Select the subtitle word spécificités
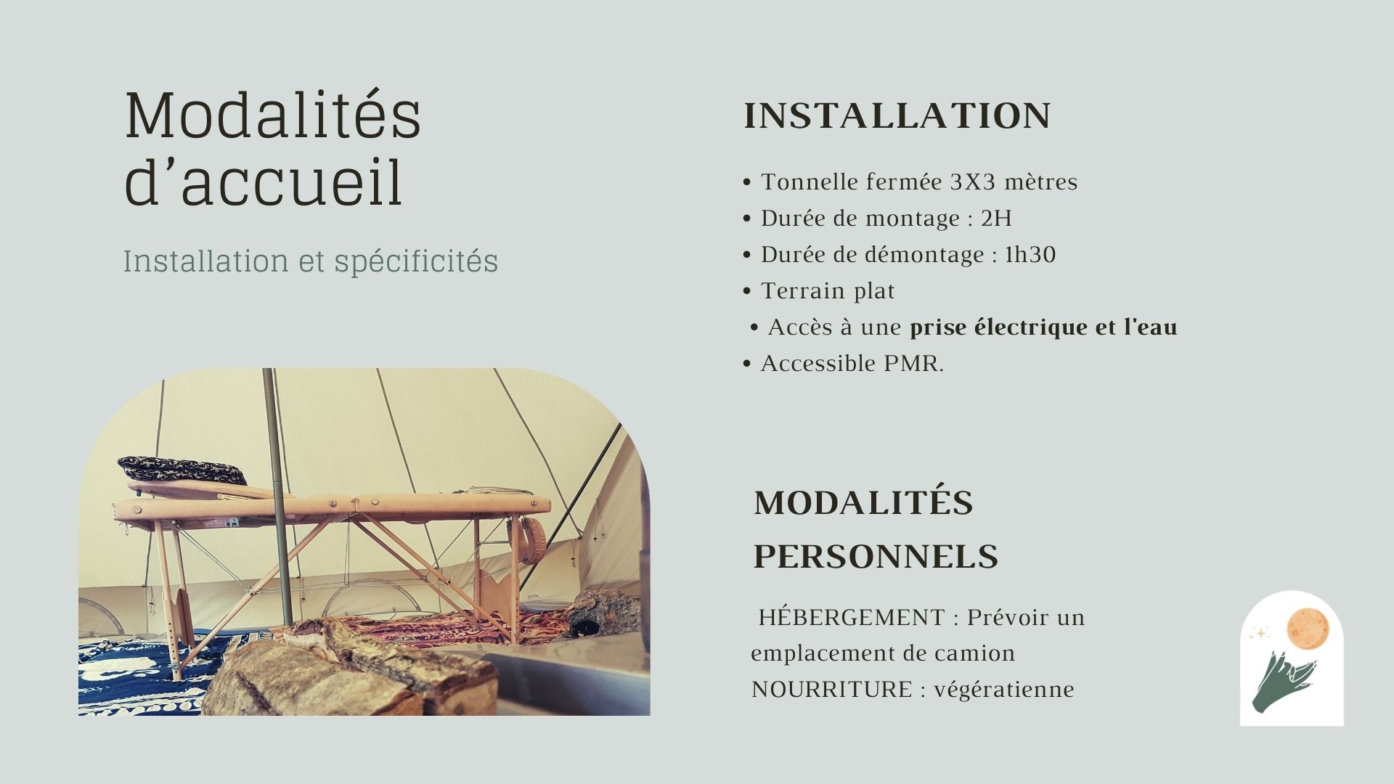click(x=416, y=262)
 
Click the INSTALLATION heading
click(x=897, y=116)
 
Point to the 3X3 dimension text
click(x=973, y=181)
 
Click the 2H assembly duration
click(x=996, y=218)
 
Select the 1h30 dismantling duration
click(x=1030, y=254)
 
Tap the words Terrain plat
click(x=828, y=291)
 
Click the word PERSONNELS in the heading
click(x=876, y=557)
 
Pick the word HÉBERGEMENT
click(x=852, y=617)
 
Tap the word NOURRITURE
click(x=832, y=689)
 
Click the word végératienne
click(x=1004, y=690)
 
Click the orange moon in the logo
click(x=1308, y=629)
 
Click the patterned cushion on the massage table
click(x=182, y=470)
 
